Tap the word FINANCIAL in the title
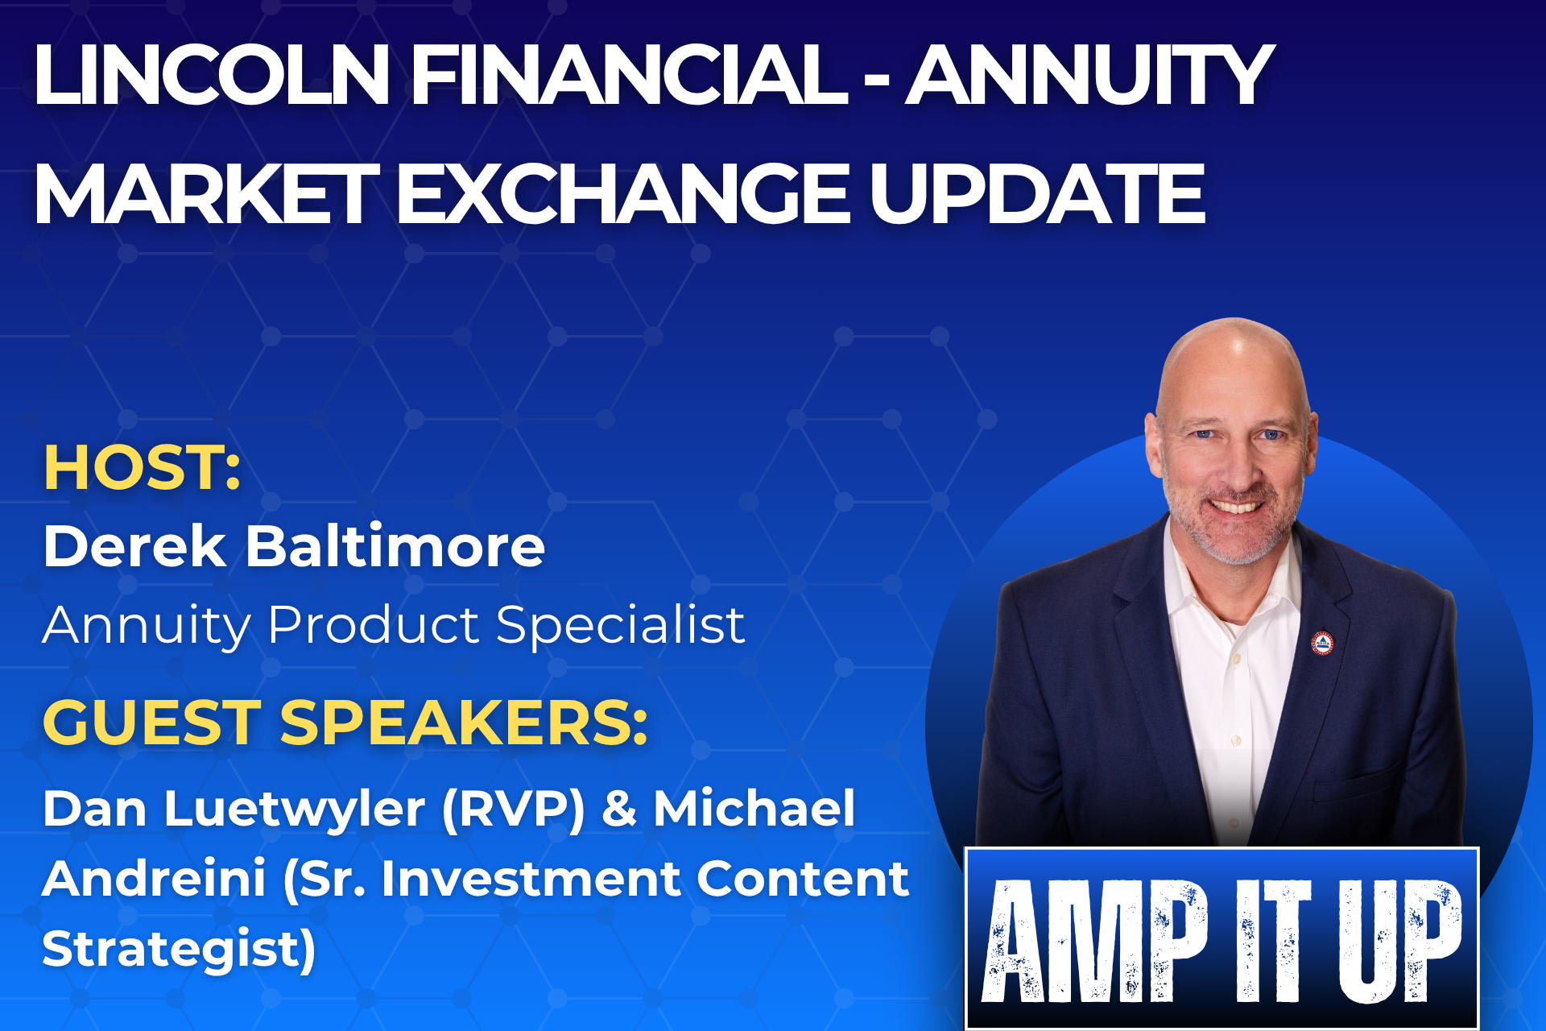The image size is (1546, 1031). click(x=630, y=75)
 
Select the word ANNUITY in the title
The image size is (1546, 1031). click(x=1090, y=75)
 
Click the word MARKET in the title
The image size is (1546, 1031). click(x=207, y=193)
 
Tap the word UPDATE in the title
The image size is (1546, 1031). click(x=1037, y=193)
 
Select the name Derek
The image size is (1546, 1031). click(x=134, y=546)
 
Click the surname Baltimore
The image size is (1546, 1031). click(x=395, y=546)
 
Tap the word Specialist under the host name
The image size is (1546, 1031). click(x=621, y=625)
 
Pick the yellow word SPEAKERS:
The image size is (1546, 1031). click(x=464, y=722)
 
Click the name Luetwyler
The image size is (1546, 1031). click(x=295, y=809)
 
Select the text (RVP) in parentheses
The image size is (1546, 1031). click(x=514, y=809)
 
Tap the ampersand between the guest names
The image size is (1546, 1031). click(x=620, y=809)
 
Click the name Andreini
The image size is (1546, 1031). click(x=154, y=878)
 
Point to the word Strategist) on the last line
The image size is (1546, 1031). click(x=179, y=949)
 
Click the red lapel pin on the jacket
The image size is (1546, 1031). click(x=1323, y=644)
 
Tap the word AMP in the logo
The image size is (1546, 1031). click(x=1096, y=940)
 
